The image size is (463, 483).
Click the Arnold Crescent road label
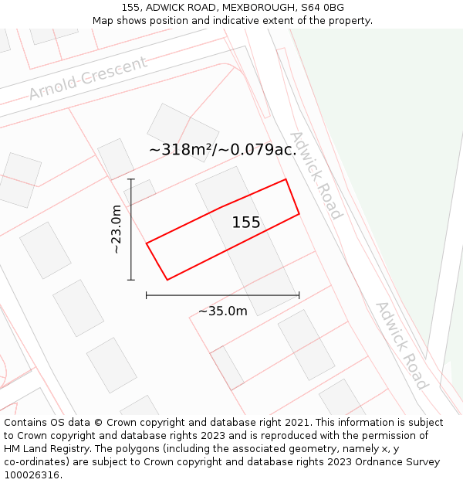click(88, 78)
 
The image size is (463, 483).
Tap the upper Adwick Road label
click(315, 175)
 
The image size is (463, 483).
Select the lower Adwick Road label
click(400, 344)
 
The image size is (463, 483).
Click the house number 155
click(246, 223)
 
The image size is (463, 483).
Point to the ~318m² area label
click(222, 150)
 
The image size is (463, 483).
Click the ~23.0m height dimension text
click(116, 230)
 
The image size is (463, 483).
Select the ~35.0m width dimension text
click(223, 311)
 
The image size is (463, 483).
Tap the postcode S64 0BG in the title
click(323, 8)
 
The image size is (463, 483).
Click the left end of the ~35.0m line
click(146, 294)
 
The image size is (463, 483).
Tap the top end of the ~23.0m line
click(131, 179)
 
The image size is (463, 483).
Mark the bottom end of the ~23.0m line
click(131, 280)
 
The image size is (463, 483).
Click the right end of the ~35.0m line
click(299, 294)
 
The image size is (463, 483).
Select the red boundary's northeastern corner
click(286, 179)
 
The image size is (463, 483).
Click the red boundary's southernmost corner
click(167, 280)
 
